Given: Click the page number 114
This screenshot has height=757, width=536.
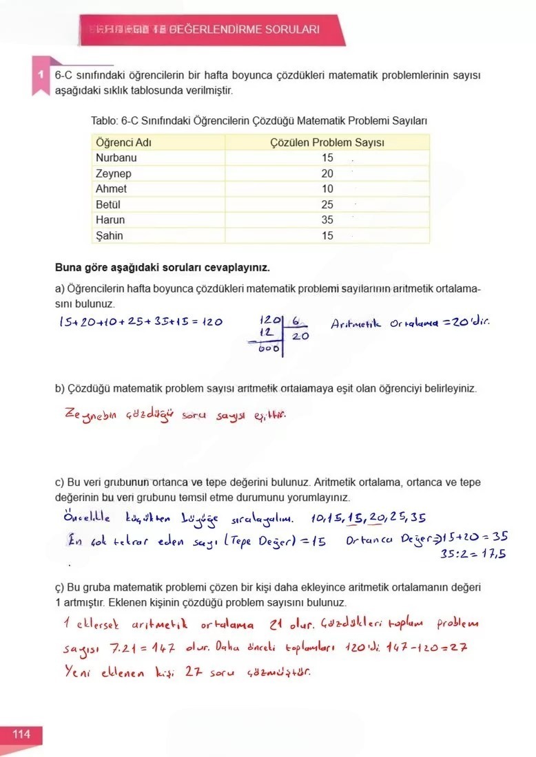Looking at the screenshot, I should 21,734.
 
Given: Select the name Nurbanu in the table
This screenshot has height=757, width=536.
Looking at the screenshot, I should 116,158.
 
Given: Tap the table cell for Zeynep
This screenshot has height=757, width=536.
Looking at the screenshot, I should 114,173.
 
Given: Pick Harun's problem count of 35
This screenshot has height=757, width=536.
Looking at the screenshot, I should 327,220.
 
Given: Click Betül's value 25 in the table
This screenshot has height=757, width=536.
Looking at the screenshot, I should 327,204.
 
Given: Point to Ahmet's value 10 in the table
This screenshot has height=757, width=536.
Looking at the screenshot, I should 327,189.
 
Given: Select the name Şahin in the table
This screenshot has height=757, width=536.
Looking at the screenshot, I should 110,236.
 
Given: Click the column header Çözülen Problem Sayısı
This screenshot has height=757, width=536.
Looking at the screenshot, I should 327,142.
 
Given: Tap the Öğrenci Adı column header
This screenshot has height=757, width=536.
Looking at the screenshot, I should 123,142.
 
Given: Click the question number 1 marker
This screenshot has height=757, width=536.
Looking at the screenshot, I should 41,74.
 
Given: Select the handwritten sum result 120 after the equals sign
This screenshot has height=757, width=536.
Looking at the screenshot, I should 211,323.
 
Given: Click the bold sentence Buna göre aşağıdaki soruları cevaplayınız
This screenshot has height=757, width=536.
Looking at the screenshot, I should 162,267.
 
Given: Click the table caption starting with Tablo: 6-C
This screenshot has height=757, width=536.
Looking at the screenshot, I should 259,120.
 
